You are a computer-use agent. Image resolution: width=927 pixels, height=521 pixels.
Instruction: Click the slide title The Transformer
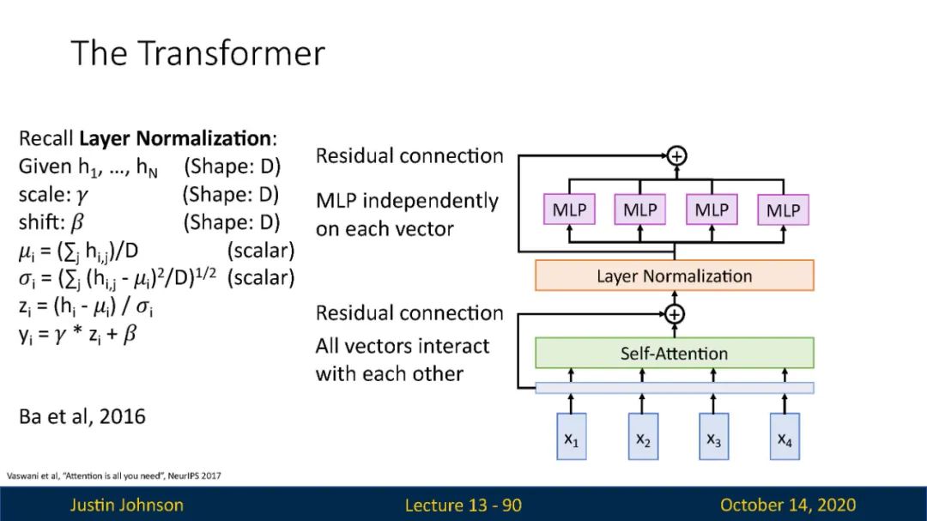pos(198,53)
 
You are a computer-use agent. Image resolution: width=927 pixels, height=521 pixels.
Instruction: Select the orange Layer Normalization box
pos(675,276)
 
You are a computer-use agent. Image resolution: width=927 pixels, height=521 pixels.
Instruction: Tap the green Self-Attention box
pos(675,353)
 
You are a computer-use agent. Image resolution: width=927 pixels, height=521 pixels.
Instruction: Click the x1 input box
pos(571,436)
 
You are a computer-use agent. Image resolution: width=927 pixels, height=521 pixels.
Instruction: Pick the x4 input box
pos(785,436)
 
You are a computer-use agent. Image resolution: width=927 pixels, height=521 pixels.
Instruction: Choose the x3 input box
pos(713,436)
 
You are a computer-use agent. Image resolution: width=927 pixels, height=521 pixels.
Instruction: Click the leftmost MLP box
pos(569,209)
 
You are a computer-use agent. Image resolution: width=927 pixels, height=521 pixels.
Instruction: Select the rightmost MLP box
pos(784,209)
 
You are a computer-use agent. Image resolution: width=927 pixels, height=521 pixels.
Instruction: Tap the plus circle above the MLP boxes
pos(676,156)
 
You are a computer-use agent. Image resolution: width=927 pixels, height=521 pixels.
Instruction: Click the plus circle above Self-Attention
pos(675,314)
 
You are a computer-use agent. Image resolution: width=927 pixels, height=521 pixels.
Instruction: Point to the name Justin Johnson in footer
pos(126,505)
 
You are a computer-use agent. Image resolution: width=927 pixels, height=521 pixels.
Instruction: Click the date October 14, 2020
pos(788,505)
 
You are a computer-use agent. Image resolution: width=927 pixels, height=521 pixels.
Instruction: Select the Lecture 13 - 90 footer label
pos(463,505)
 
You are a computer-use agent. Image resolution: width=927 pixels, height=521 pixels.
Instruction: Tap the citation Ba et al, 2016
pos(82,417)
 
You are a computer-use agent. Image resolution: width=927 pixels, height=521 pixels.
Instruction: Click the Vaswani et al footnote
pos(113,476)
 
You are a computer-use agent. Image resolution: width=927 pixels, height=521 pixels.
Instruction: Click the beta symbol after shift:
pos(77,222)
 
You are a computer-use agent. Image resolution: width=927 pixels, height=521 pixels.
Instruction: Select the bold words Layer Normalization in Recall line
pos(175,138)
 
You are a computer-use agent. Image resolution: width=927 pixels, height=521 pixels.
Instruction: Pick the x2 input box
pos(643,436)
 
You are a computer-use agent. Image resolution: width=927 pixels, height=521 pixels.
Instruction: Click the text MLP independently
pos(408,201)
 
